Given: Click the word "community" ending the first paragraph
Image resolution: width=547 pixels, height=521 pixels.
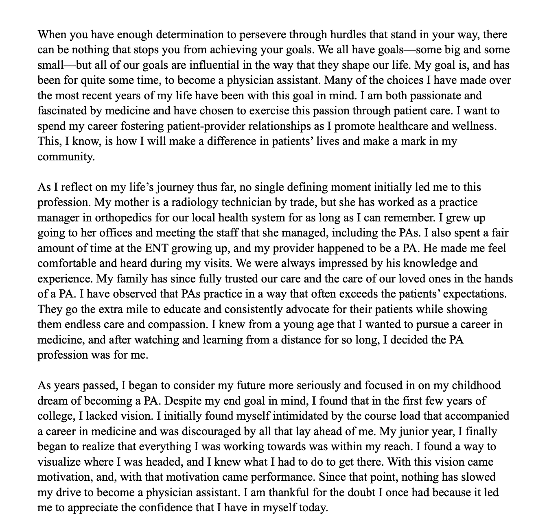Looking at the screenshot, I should [66, 157].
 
